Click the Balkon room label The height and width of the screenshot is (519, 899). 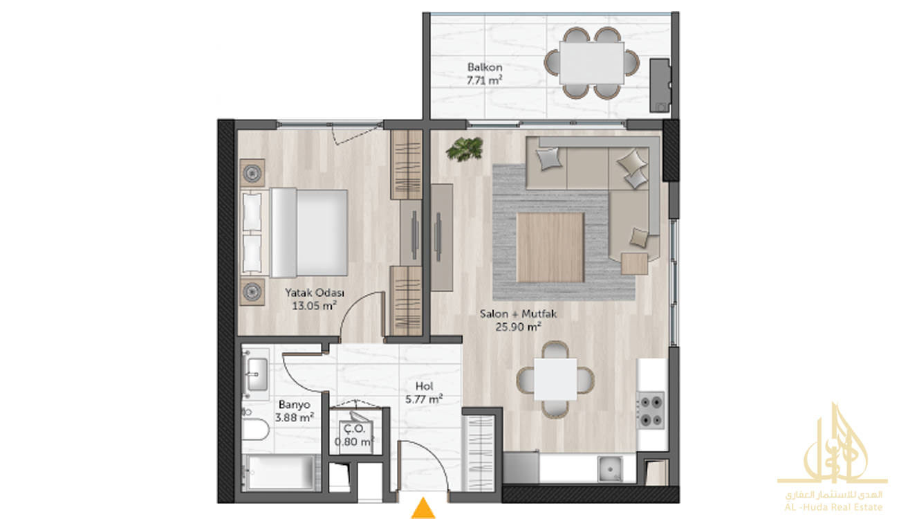coord(484,67)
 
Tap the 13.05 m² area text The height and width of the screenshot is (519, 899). coord(314,306)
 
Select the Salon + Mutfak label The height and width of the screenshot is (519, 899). coord(518,313)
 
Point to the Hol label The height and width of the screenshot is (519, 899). coord(424,386)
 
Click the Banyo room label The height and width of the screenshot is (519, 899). coord(295,404)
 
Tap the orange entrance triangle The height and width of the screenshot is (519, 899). coord(423,508)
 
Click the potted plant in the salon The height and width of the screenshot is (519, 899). coord(464,149)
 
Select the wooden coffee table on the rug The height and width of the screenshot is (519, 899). coord(550,248)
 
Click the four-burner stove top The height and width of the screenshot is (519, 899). coord(651,410)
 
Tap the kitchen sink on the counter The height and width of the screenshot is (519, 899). coord(610,468)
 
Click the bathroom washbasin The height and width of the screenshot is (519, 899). coord(257,374)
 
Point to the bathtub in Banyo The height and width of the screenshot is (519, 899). coord(281,473)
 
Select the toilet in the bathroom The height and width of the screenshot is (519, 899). coord(255,429)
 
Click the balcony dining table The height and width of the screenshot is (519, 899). coord(591,63)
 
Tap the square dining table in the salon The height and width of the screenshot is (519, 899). coord(555,379)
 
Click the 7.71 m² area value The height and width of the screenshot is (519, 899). coord(484,80)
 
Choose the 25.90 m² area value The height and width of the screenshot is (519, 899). coord(519,327)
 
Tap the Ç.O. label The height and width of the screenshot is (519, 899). coord(355,428)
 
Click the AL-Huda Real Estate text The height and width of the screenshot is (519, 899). coord(833,507)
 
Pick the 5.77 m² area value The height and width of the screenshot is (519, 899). coord(424,399)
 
